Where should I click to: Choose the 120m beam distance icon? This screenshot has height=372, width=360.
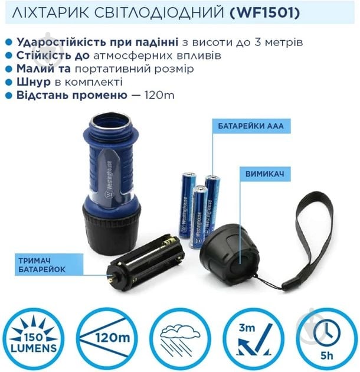[x=107, y=339]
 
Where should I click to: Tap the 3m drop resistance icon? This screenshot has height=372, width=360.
[x=252, y=339]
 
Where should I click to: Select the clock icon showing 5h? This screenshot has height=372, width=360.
[x=325, y=339]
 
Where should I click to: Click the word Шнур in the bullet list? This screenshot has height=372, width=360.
[x=32, y=82]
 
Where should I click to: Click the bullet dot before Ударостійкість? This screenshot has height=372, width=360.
[x=8, y=43]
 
